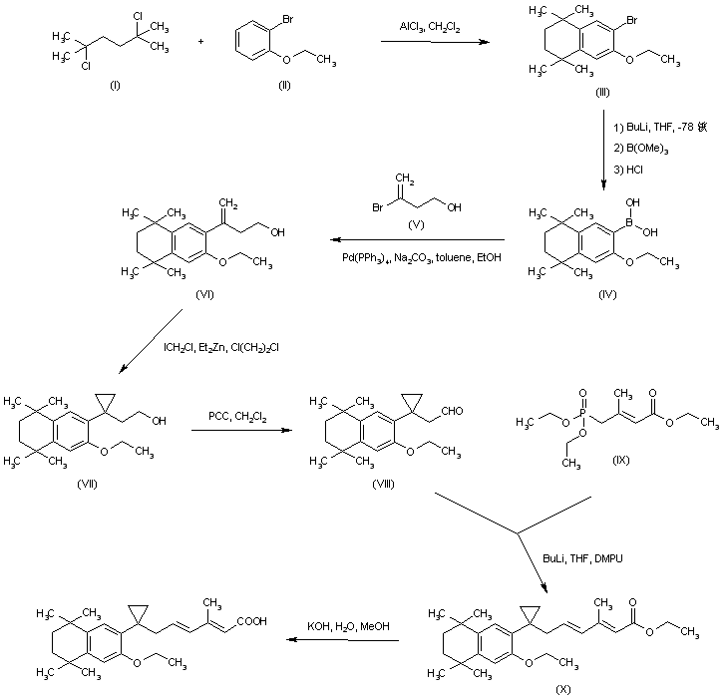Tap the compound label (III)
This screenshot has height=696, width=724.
[601, 91]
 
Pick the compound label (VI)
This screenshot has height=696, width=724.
[206, 296]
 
